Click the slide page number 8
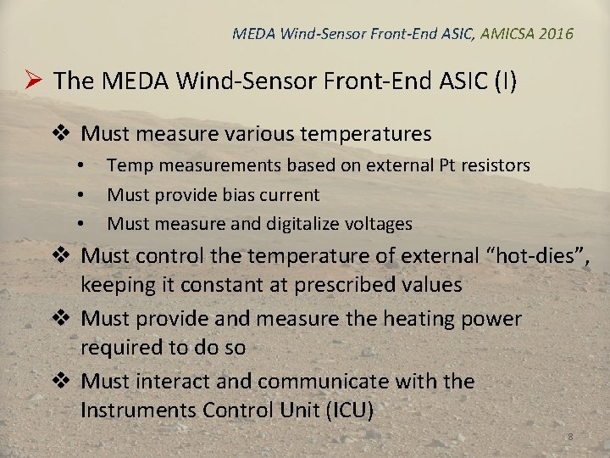pyautogui.click(x=570, y=436)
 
